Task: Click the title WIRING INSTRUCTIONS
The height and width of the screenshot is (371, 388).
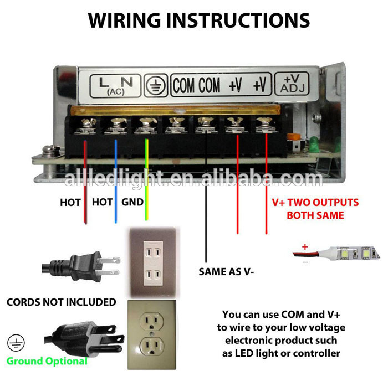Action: pos(198,20)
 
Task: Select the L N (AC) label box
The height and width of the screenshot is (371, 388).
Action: pos(116,85)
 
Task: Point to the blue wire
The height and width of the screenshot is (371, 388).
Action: pos(115,177)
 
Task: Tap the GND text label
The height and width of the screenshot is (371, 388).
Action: pos(132,203)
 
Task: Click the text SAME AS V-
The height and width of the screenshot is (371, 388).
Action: pos(226,272)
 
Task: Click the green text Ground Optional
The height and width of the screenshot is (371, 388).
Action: pos(47,361)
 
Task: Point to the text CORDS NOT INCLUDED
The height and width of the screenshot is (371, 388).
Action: pos(61,302)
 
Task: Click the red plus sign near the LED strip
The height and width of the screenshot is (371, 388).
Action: pos(304,246)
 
